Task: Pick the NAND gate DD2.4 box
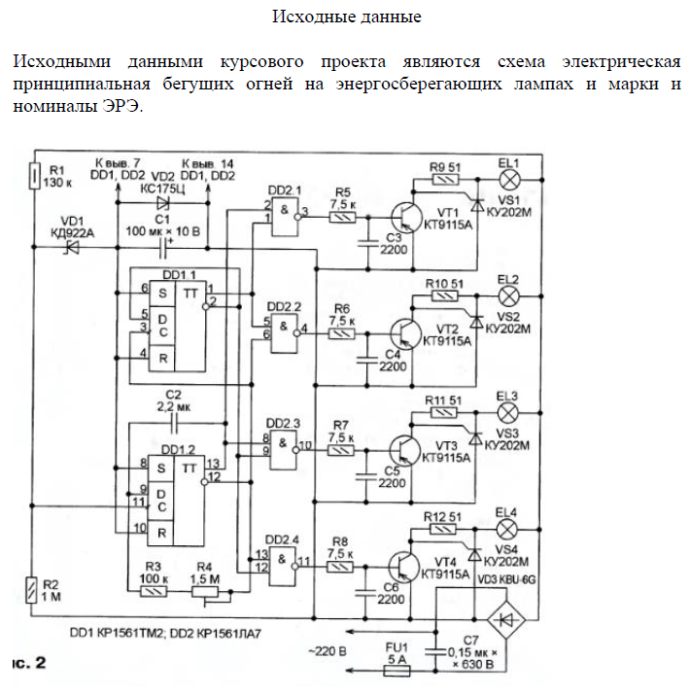pyautogui.click(x=283, y=560)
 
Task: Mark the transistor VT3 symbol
pyautogui.click(x=406, y=449)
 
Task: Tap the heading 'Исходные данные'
pyautogui.click(x=345, y=17)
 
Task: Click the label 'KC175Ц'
pyautogui.click(x=162, y=189)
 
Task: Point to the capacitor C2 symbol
pyautogui.click(x=175, y=424)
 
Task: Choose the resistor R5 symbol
pyautogui.click(x=343, y=219)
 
